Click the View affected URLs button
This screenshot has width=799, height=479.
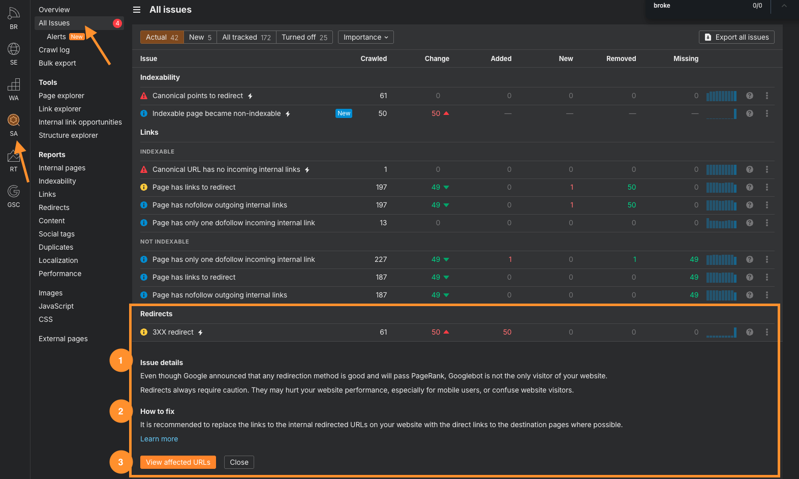(x=178, y=462)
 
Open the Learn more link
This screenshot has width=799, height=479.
(x=159, y=439)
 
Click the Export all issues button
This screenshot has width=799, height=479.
(x=736, y=37)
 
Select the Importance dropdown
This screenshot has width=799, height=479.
(x=365, y=37)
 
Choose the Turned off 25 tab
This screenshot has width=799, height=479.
(x=304, y=37)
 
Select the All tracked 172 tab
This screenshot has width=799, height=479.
(x=246, y=37)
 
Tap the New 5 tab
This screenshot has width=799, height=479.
(x=200, y=37)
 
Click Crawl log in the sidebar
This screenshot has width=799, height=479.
(x=54, y=50)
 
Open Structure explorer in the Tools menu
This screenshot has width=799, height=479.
(x=68, y=135)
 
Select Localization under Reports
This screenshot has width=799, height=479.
(x=58, y=260)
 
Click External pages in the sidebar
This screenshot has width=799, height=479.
(x=63, y=339)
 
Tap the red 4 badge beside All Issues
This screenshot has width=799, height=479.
(x=117, y=23)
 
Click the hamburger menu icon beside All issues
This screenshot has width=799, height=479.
(x=137, y=10)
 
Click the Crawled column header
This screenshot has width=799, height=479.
(x=374, y=58)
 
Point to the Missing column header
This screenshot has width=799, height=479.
(x=686, y=58)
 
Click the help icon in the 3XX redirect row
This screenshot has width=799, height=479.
(x=749, y=332)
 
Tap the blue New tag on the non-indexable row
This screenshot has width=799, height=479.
(x=344, y=113)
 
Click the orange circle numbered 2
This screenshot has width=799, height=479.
(x=120, y=411)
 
